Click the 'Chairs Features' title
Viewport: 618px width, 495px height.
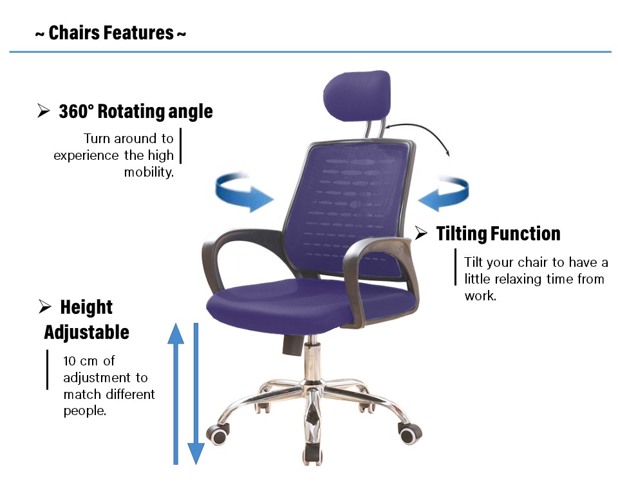tap(111, 33)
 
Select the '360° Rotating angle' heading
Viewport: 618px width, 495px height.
tap(136, 112)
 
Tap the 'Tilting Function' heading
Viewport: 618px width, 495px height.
tap(498, 233)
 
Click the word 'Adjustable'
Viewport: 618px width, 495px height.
tap(87, 333)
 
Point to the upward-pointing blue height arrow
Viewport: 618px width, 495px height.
tap(176, 393)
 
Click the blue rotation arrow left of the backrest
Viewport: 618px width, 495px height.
tap(243, 192)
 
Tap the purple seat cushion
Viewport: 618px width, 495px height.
tap(312, 302)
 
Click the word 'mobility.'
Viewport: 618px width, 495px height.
tap(149, 172)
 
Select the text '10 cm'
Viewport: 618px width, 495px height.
tap(80, 361)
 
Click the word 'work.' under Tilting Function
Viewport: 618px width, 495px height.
tap(480, 296)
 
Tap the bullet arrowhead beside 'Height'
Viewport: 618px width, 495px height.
tap(45, 306)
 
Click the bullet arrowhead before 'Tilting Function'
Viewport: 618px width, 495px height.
tap(421, 233)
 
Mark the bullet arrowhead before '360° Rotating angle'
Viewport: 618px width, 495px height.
tap(43, 110)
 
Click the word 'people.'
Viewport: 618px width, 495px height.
tap(85, 411)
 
